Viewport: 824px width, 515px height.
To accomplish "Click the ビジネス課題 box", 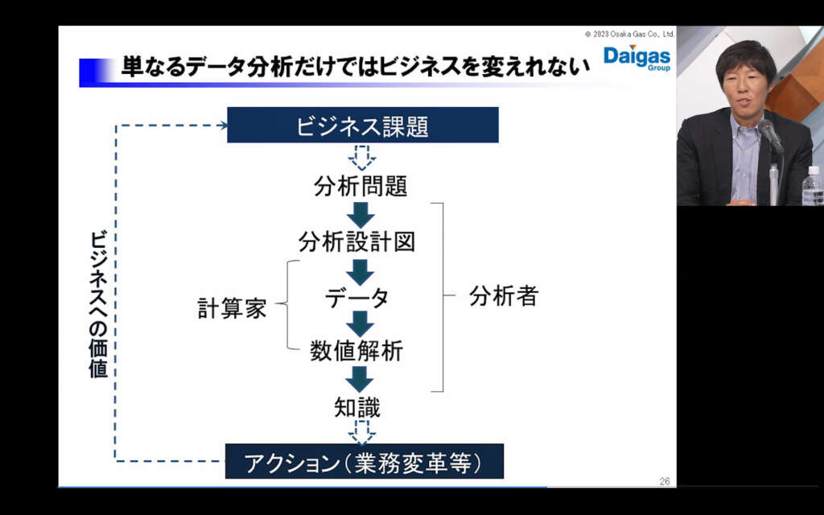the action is pos(363,125).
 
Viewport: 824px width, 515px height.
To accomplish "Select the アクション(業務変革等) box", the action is pos(365,461).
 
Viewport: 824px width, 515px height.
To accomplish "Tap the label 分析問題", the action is pos(360,186).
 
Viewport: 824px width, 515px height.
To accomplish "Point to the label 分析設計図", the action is pos(356,241).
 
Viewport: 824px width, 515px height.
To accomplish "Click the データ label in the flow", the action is pos(357,298).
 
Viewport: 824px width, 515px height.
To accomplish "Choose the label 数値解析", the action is pos(356,351).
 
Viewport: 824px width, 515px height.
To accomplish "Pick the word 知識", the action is pos(357,407).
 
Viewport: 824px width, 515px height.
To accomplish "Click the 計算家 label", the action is pos(232,308).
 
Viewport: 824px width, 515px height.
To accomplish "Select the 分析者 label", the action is pos(504,296).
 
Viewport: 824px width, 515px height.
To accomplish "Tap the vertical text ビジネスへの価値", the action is pos(98,304).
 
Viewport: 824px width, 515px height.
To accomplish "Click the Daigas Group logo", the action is pos(637,58).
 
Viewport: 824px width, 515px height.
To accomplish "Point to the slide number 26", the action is pos(665,481).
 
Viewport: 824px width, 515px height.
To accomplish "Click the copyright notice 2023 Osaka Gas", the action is pos(629,34).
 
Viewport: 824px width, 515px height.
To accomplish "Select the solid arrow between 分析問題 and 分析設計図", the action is pos(360,215).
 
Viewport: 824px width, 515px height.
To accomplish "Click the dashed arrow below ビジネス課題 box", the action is pos(362,158).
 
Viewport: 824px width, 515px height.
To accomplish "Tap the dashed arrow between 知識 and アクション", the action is pos(362,432).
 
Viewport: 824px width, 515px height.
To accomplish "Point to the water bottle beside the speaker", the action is pos(813,186).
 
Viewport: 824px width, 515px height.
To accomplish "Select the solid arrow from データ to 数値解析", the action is pos(360,323).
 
